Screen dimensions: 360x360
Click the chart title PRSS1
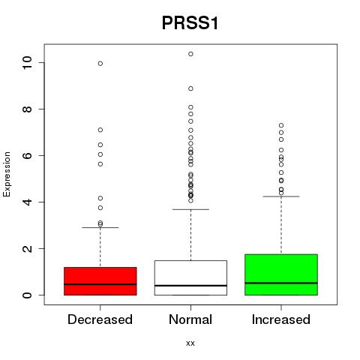coord(190,23)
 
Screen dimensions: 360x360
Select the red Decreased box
coord(100,281)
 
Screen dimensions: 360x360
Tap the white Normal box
coord(190,277)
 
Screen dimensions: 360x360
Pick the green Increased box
coord(281,274)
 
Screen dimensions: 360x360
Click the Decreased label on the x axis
coord(100,319)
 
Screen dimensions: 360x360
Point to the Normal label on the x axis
coord(190,319)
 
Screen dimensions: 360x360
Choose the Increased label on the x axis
coord(281,319)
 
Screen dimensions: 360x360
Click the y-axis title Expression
coord(7,174)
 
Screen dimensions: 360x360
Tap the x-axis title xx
coord(190,343)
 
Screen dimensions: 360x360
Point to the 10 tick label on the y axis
coord(27,62)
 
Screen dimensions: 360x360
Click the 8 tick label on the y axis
coord(27,109)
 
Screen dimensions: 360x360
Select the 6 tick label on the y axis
coord(27,155)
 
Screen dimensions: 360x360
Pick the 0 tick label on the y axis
coord(27,295)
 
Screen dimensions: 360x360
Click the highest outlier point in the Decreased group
coord(100,64)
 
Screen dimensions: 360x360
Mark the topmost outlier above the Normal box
coord(190,54)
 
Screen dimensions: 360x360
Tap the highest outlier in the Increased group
coord(281,125)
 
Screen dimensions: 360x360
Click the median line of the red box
coord(100,284)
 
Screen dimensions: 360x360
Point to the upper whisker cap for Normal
coord(190,209)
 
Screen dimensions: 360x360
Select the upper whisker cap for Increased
coord(281,196)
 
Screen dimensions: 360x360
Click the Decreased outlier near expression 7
coord(100,130)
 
